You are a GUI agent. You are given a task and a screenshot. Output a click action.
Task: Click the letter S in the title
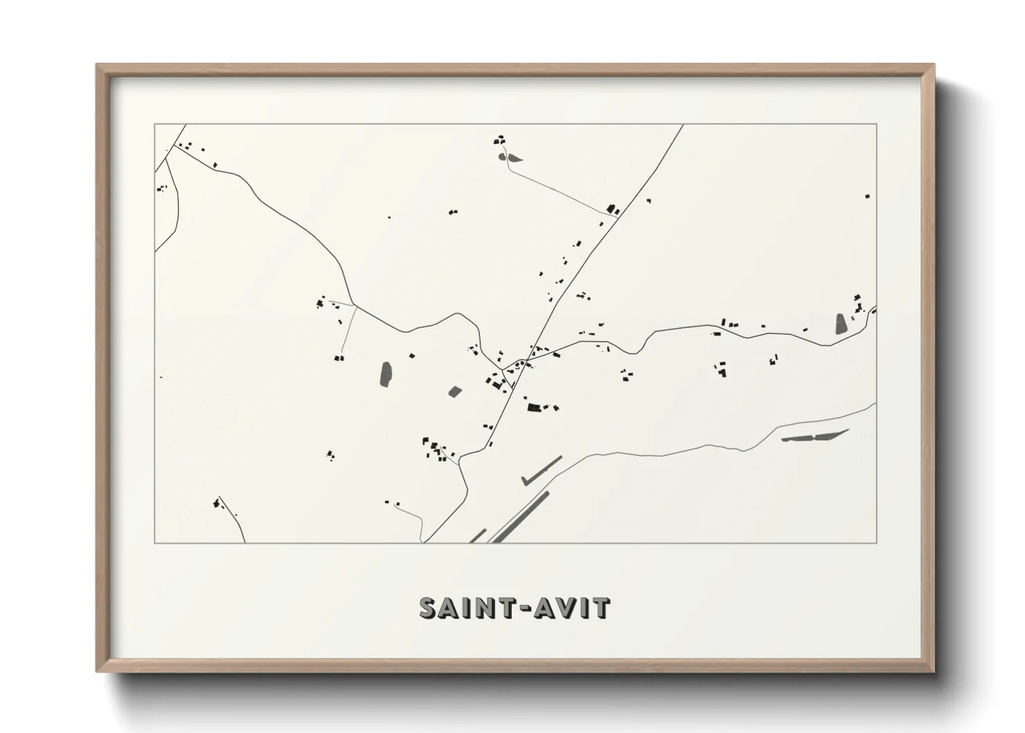click(429, 608)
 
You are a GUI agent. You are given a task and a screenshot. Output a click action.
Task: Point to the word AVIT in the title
click(572, 608)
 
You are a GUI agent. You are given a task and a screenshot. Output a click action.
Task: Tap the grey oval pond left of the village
click(386, 374)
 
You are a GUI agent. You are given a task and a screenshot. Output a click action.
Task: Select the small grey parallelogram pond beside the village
click(454, 391)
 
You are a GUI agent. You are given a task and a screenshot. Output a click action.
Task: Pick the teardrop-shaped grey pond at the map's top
click(511, 157)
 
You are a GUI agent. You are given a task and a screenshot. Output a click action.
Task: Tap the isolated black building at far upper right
click(866, 196)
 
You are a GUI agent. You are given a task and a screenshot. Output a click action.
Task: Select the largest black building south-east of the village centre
click(534, 407)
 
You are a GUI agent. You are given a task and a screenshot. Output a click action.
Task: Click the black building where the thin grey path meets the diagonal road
click(611, 208)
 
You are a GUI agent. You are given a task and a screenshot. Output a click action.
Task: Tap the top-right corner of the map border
click(877, 124)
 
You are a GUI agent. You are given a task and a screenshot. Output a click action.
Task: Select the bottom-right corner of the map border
click(877, 542)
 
